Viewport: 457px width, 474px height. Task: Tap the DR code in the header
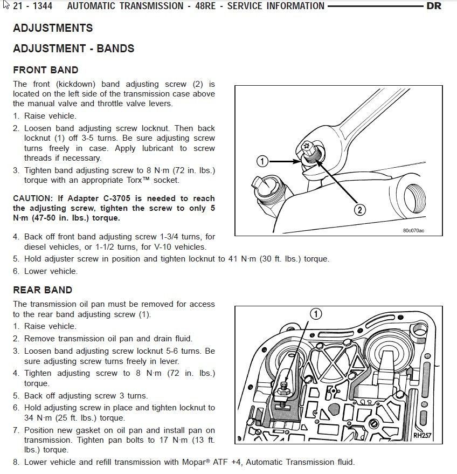coord(434,6)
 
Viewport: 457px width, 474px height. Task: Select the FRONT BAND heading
coord(46,70)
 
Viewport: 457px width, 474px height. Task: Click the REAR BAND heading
coord(43,290)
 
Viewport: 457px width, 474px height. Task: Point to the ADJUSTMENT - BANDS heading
coord(74,49)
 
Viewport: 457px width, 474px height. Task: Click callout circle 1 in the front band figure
coord(262,161)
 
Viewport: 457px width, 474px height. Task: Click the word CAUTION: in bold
coord(33,198)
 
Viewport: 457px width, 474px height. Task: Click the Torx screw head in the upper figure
coord(306,146)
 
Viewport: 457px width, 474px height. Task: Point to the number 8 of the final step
coord(16,462)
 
